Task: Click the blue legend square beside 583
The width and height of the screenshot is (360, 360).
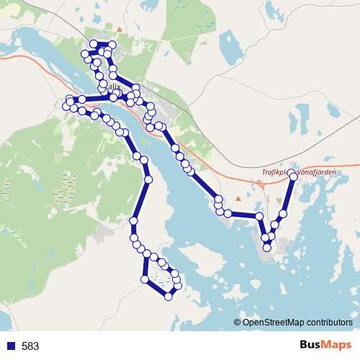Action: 9,346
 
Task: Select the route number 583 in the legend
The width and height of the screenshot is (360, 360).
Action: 30,346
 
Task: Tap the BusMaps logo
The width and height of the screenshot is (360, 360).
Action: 325,346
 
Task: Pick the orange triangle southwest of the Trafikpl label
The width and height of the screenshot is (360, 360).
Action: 238,198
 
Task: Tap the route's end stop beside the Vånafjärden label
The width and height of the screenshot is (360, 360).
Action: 293,174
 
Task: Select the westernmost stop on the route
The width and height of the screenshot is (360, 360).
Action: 66,107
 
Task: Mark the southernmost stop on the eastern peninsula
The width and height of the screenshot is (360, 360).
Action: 267,248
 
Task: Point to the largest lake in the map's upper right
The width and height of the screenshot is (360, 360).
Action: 232,50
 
